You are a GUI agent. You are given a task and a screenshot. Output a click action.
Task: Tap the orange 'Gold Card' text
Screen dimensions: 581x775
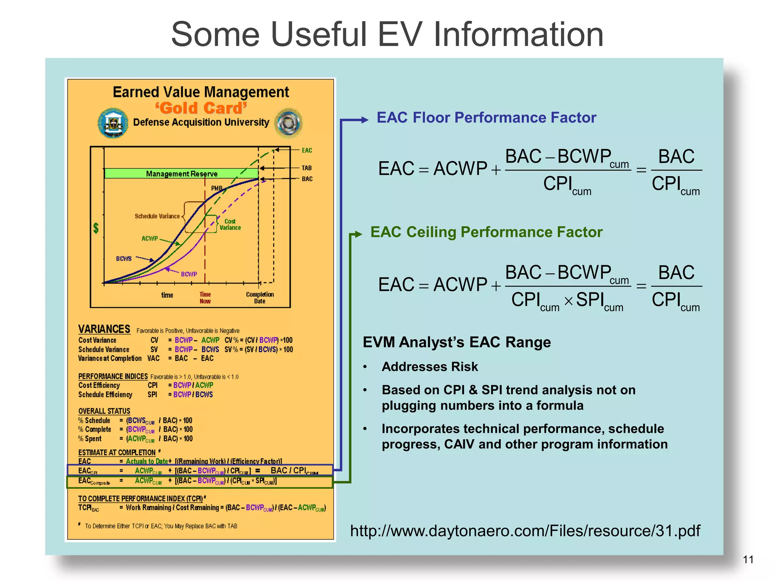(x=201, y=108)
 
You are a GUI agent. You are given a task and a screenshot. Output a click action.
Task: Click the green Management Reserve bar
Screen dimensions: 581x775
(x=181, y=174)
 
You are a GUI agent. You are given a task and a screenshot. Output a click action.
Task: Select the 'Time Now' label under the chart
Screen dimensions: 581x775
(x=205, y=298)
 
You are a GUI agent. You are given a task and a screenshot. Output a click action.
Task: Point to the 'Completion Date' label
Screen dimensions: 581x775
(x=260, y=298)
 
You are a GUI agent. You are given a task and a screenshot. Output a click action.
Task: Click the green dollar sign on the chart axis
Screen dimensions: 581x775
(x=96, y=228)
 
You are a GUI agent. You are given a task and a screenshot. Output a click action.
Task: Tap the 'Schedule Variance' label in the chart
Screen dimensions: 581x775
(x=157, y=216)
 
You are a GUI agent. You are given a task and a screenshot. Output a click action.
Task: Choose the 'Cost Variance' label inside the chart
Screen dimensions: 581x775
(x=230, y=224)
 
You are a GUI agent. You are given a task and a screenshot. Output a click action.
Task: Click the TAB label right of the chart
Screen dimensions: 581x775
(x=307, y=168)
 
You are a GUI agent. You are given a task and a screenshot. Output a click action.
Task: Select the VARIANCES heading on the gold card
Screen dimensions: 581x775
(x=104, y=329)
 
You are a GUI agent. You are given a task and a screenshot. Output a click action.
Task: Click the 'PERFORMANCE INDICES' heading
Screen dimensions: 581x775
(x=113, y=376)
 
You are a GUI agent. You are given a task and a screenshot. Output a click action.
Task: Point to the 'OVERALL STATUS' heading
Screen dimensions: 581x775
(x=104, y=411)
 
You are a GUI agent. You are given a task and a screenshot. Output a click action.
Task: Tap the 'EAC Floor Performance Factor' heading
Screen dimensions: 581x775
(x=486, y=118)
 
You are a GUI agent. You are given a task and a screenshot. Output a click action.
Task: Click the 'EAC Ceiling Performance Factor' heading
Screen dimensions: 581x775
(x=486, y=232)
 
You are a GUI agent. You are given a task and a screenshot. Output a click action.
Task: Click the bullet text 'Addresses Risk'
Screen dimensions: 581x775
(x=430, y=367)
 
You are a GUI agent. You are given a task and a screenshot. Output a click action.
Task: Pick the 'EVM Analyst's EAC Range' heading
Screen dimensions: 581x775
(x=456, y=342)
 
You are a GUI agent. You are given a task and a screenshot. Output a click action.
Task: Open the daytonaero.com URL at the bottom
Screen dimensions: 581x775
(x=525, y=531)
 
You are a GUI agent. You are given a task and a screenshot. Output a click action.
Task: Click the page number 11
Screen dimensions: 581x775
(x=748, y=559)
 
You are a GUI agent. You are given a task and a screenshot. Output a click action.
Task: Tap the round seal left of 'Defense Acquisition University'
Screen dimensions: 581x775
(x=113, y=123)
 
